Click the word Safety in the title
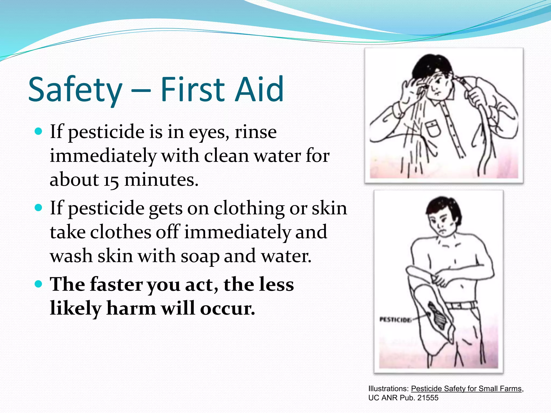coord(75,90)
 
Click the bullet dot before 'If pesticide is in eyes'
coord(39,131)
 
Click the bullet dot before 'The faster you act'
coord(39,284)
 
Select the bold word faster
coord(116,284)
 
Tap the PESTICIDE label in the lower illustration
coord(395,320)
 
